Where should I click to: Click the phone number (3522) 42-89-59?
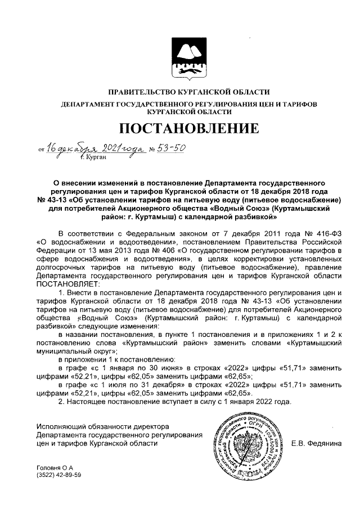[x=58, y=475]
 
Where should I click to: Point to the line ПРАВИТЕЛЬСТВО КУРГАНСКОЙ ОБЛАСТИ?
[x=181, y=92]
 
